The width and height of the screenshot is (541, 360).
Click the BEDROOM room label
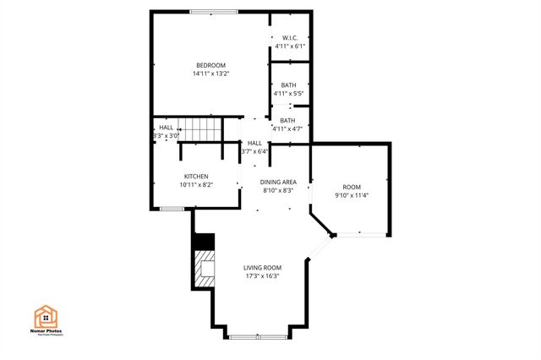(211, 65)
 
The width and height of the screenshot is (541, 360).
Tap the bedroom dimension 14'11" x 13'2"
(211, 74)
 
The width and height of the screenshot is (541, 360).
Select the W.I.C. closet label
(289, 37)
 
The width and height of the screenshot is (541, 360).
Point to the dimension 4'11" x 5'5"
(289, 94)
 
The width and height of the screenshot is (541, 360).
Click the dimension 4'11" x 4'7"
(289, 129)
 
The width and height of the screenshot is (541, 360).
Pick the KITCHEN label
(196, 177)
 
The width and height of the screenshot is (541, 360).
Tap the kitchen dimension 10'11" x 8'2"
(196, 185)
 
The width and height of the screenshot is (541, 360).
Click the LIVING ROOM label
(263, 267)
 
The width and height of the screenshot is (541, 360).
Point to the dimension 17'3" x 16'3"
(263, 275)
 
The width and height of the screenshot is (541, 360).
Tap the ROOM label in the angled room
(352, 187)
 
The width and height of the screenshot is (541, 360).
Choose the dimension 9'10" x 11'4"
(352, 195)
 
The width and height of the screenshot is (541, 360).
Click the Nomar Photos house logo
(47, 316)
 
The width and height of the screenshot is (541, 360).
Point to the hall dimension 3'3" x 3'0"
(167, 135)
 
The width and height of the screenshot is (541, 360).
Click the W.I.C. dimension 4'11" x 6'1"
(289, 46)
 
